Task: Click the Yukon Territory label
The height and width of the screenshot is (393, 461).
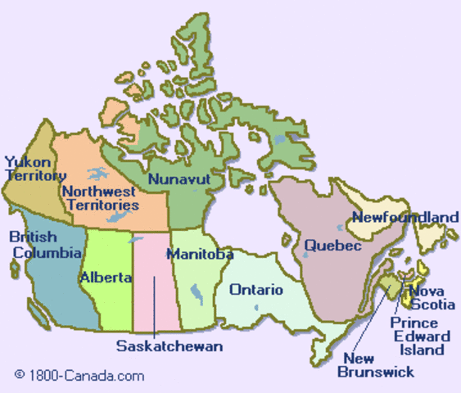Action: click(x=35, y=169)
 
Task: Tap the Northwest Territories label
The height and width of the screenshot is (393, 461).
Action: click(x=100, y=198)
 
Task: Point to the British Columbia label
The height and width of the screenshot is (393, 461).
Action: click(x=35, y=244)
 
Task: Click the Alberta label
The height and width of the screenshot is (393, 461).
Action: click(x=106, y=278)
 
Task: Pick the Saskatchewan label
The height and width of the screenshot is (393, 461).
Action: click(x=169, y=346)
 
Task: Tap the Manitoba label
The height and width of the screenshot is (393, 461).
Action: click(x=200, y=254)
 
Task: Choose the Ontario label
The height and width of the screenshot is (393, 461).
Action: click(x=256, y=290)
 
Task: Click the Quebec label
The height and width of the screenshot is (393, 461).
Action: click(x=332, y=246)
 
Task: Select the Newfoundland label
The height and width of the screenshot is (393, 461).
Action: click(x=405, y=217)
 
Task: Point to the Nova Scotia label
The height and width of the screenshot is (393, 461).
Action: click(x=432, y=297)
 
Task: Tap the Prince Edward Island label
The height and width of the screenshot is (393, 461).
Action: click(x=421, y=336)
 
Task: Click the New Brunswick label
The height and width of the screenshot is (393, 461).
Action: click(x=376, y=365)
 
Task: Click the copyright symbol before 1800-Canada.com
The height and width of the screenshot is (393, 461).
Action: click(x=20, y=376)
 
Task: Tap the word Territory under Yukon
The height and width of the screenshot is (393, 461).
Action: click(x=35, y=175)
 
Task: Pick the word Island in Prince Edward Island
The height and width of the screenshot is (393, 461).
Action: click(x=422, y=350)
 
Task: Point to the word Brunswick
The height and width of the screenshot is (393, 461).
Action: click(x=376, y=372)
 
